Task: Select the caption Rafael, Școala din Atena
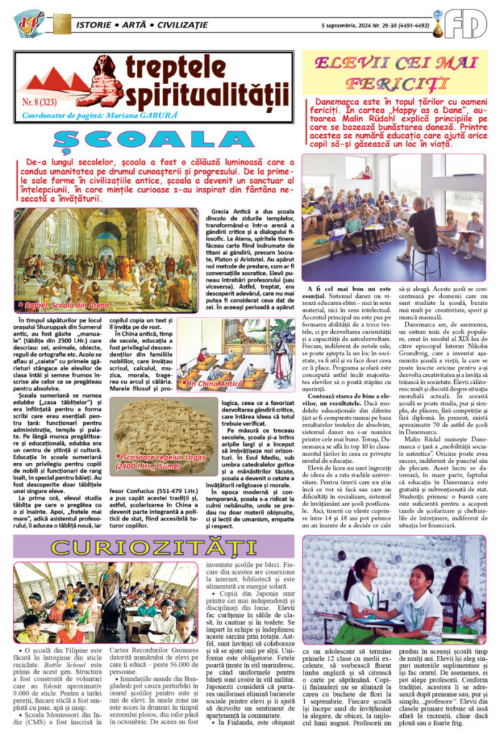58,306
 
